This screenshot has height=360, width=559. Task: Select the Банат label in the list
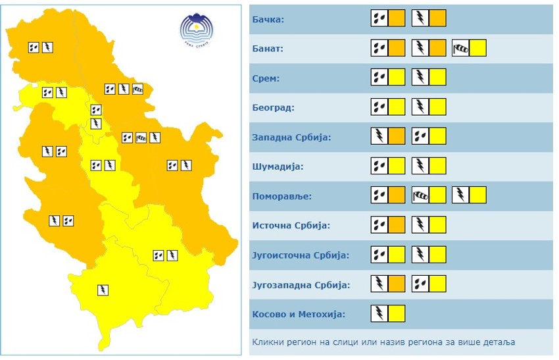(x=268, y=49)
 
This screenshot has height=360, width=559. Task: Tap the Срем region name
(x=266, y=78)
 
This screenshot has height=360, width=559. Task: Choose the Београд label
(x=273, y=108)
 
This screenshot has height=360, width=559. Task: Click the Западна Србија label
(x=291, y=138)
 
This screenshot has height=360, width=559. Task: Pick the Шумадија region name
(x=278, y=167)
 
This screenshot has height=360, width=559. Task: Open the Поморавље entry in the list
(x=281, y=196)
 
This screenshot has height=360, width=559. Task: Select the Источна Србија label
(x=291, y=226)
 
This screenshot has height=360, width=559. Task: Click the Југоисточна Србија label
(x=301, y=255)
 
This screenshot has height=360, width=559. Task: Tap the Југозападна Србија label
(x=301, y=285)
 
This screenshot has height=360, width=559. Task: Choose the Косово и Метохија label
(x=299, y=315)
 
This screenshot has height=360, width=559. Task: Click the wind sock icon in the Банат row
(x=460, y=48)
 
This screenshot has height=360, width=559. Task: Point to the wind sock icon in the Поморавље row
(x=420, y=195)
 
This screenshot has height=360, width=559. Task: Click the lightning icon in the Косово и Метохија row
(x=379, y=314)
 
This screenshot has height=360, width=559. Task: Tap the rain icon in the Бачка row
(x=379, y=18)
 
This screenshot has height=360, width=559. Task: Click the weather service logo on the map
(x=197, y=29)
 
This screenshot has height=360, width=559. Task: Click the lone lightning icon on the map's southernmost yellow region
(x=103, y=290)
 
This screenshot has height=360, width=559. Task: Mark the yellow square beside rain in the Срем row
(x=397, y=78)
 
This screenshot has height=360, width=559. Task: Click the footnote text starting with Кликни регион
(x=383, y=342)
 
